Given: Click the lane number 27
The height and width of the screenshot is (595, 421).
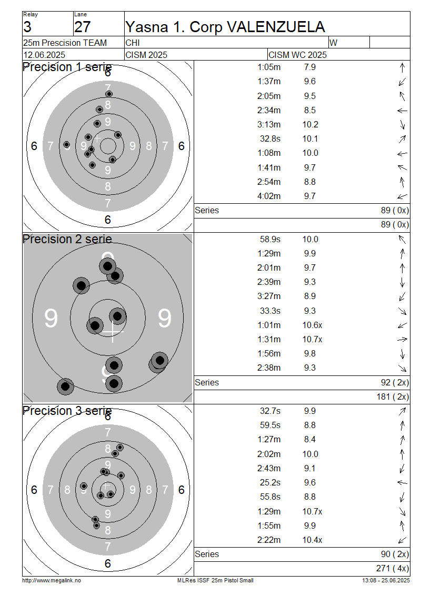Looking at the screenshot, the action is coord(82,27).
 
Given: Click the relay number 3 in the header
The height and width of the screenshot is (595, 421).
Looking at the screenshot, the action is coord(27,27).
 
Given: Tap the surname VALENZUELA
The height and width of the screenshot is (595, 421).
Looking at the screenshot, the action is coord(276,27).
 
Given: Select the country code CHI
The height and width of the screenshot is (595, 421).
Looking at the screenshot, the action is coord(133,43).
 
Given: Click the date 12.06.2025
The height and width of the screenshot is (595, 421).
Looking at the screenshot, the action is coord(44,55).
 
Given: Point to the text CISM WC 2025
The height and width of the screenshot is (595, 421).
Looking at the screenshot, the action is coord(297,55).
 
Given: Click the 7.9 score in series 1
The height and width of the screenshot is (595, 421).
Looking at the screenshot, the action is coord(310,67).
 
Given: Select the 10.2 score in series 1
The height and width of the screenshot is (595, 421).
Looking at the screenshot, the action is coord(310,124).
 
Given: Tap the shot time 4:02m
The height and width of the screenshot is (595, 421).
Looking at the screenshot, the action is coord(269,196).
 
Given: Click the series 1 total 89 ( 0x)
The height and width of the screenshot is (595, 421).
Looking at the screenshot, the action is coord(395,210).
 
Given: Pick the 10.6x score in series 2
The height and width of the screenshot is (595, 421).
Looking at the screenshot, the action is coord(312,325).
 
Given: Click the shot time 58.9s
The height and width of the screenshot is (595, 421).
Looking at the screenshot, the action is coord(270,240).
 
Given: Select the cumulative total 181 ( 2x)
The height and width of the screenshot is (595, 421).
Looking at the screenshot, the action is coord(393,396).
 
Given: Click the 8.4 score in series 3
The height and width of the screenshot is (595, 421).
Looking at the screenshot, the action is coord(310,440).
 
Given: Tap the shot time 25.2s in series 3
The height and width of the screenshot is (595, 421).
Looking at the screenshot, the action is coord(270,483).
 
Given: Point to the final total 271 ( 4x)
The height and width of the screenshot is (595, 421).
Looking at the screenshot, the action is coord(393,568).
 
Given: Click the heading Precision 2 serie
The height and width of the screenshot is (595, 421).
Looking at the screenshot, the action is coord(67,240).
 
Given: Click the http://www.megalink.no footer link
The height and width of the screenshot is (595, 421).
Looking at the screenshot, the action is coord(52,580).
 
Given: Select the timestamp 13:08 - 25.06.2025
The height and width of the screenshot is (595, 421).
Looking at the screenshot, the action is coord(386,580).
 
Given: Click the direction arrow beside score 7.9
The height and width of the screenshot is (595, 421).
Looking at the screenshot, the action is coord(403,67).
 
